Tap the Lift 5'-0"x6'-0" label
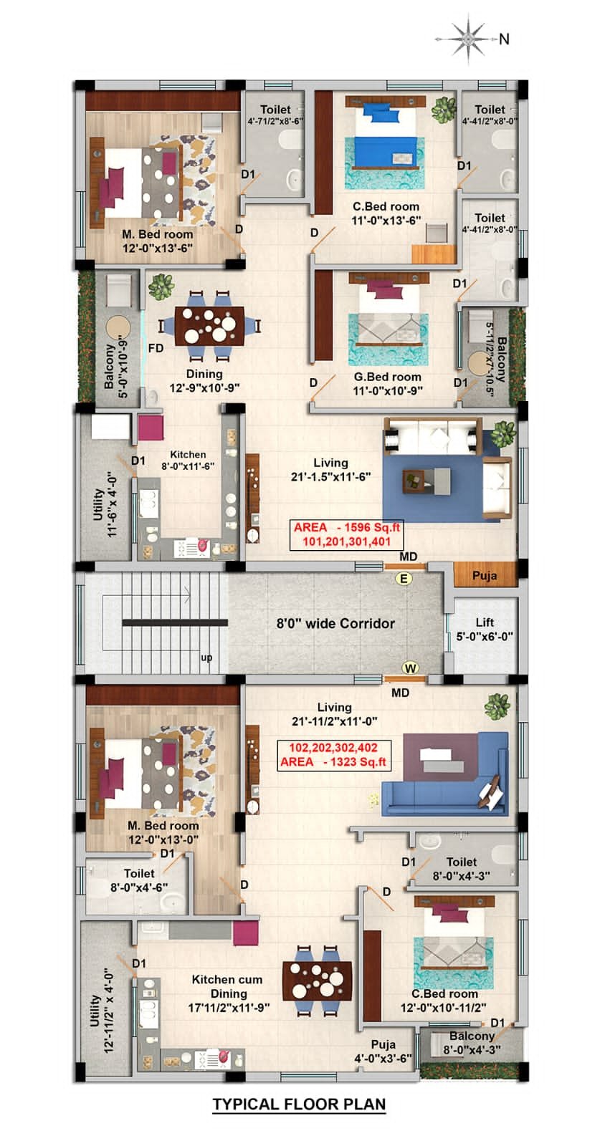pyautogui.click(x=485, y=629)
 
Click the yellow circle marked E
pyautogui.click(x=404, y=578)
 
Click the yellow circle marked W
pyautogui.click(x=410, y=668)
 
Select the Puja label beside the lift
pyautogui.click(x=485, y=575)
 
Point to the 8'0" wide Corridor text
pyautogui.click(x=335, y=623)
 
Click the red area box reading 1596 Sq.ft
pyautogui.click(x=347, y=534)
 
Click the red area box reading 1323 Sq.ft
pyautogui.click(x=333, y=754)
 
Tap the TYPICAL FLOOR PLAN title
pyautogui.click(x=299, y=1104)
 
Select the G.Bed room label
pyautogui.click(x=387, y=383)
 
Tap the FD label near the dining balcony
pyautogui.click(x=156, y=348)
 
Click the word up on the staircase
pyautogui.click(x=206, y=658)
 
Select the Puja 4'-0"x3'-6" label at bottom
pyautogui.click(x=383, y=1051)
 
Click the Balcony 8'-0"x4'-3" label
pyautogui.click(x=472, y=1043)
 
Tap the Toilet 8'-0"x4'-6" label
pyautogui.click(x=139, y=880)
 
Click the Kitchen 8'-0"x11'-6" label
pyautogui.click(x=188, y=460)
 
